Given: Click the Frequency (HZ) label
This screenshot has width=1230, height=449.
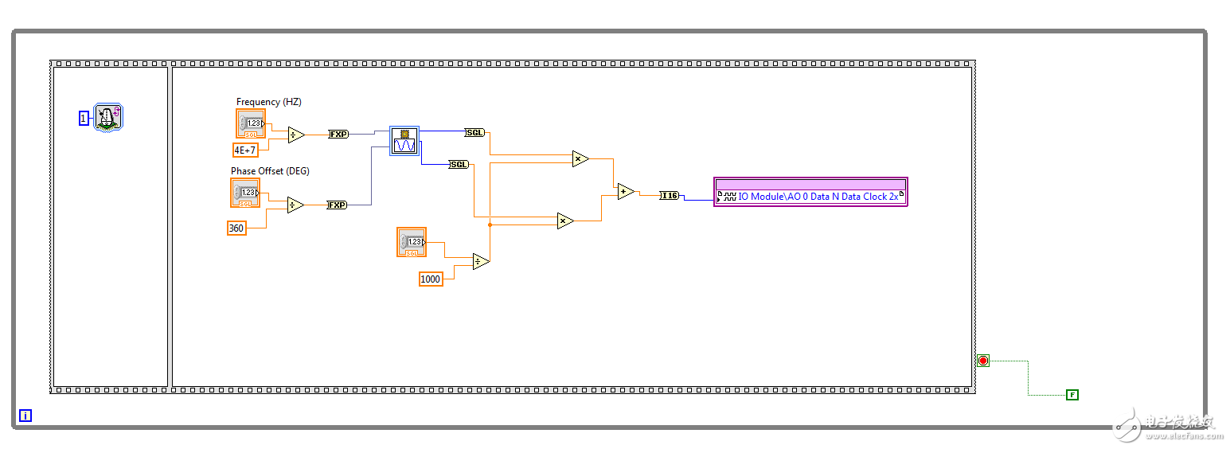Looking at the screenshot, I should (269, 102).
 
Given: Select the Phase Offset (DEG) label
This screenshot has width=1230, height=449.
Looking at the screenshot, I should (270, 171).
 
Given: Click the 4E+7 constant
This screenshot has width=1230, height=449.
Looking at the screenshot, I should (245, 149).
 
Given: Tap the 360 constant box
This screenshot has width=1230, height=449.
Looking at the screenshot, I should (236, 228).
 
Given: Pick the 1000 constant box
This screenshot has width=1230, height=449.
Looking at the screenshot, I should (431, 279).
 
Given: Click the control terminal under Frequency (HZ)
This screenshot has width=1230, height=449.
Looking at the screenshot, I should (251, 123).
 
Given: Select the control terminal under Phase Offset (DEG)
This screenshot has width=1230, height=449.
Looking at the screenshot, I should (245, 193).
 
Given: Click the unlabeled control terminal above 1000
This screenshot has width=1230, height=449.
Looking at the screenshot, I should (412, 242).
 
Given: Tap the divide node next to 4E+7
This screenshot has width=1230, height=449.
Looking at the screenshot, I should (295, 135).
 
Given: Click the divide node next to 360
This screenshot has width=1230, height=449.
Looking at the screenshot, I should (295, 205).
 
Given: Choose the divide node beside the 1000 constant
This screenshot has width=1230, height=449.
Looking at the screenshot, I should (480, 261).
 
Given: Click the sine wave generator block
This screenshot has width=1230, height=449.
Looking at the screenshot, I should (404, 141).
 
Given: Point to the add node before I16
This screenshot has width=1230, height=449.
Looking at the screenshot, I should (626, 191).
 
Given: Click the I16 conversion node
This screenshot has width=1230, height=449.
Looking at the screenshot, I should (670, 195).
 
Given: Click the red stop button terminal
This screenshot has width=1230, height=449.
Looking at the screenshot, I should (983, 361).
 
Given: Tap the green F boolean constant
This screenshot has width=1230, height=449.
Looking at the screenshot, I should (1072, 394).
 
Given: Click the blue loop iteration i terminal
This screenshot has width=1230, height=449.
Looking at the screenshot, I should (25, 415).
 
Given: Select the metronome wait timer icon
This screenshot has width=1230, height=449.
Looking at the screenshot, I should (107, 117).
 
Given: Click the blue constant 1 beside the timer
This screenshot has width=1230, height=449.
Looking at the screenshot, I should (84, 118).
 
